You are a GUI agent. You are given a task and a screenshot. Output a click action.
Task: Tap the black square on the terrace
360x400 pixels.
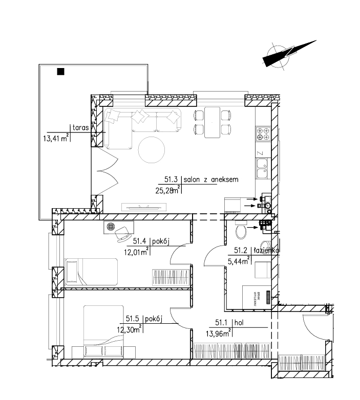coord(60,71)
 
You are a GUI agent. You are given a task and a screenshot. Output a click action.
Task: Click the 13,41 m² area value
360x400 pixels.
coord(56,137)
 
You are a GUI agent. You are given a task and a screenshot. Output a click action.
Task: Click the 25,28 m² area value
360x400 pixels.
coord(168,191)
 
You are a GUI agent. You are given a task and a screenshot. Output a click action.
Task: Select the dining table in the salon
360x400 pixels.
coord(212,122)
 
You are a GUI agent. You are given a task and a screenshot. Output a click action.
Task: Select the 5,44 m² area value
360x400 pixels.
coord(239,260)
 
